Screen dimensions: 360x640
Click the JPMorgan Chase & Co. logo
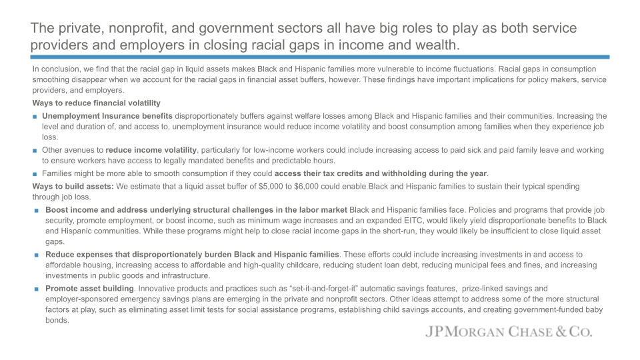click(509, 332)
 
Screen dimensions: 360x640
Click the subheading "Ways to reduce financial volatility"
click(96, 103)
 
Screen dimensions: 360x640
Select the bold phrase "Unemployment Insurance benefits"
click(107, 116)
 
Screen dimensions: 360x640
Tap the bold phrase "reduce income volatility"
click(151, 150)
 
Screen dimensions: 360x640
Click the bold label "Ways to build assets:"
click(73, 186)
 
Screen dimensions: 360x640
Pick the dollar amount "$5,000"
click(245, 186)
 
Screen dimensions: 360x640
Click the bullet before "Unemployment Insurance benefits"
click(35, 117)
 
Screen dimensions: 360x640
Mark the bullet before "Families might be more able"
click(35, 174)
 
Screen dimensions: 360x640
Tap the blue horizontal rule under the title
click(320, 57)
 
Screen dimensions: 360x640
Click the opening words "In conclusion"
click(54, 69)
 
